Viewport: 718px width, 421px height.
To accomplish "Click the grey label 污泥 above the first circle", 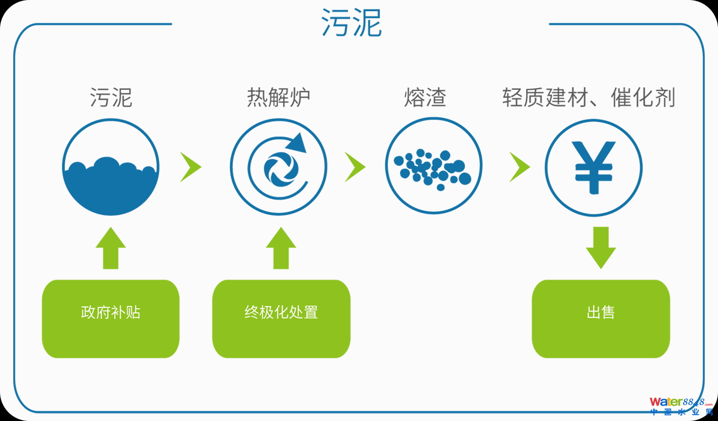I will (111, 98).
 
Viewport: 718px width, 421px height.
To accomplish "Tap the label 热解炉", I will (278, 98).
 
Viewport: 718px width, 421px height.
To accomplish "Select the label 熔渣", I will (425, 98).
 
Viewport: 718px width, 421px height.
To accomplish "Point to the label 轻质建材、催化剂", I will (589, 98).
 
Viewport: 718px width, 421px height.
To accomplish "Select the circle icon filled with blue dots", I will (433, 167).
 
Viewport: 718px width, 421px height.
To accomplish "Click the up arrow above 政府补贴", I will (111, 248).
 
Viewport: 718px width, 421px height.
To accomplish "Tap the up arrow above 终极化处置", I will (281, 248).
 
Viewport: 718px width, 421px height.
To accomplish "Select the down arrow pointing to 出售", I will (601, 247).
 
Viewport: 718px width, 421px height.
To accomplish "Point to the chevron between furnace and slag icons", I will (355, 167).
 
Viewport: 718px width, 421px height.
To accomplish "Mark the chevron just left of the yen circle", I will (519, 167).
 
